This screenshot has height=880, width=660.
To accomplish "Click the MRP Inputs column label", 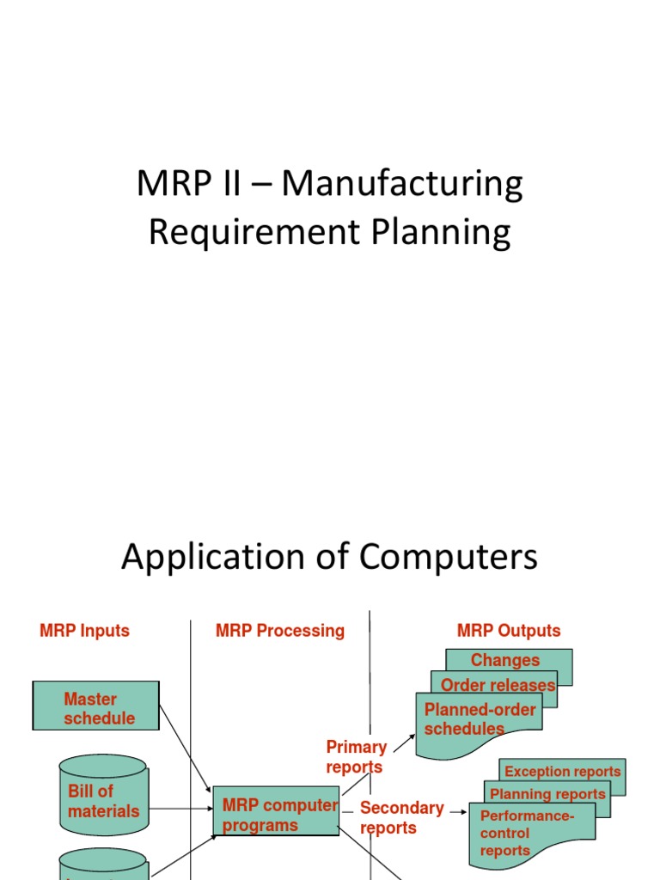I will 84,631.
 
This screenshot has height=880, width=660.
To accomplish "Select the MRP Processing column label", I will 279,631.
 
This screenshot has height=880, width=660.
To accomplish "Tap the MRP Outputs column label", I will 508,631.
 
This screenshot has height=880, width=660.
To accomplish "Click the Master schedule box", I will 96,706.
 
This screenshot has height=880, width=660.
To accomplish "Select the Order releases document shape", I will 498,685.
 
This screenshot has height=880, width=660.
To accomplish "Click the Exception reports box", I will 562,771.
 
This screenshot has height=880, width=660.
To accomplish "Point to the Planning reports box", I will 547,793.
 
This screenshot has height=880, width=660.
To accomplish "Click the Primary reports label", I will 356,756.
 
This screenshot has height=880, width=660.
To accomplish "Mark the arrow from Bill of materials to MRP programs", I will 179,809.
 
